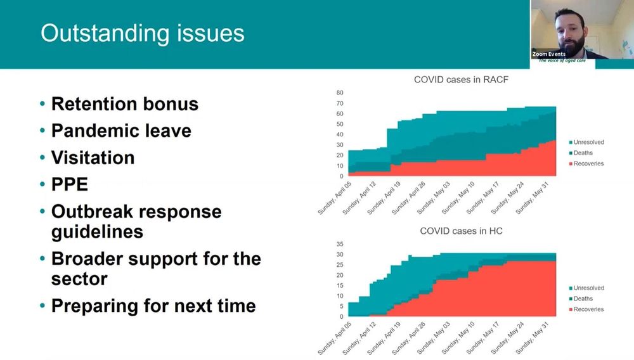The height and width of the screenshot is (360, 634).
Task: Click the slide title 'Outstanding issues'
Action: [x=142, y=33]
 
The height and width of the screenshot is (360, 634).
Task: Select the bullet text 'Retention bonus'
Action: [x=124, y=104]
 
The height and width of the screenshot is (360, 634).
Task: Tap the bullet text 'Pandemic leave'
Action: [x=121, y=131]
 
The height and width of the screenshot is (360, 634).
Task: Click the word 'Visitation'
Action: [x=93, y=157]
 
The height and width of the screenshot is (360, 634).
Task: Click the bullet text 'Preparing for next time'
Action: [x=153, y=305]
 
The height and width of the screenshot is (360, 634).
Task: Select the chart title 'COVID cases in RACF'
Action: [x=461, y=79]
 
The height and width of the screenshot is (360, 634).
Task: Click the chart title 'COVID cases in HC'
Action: [x=461, y=231]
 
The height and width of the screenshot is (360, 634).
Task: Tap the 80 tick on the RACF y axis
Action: [x=340, y=93]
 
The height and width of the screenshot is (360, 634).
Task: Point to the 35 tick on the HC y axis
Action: [x=340, y=244]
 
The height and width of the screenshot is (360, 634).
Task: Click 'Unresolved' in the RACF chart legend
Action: [x=588, y=143]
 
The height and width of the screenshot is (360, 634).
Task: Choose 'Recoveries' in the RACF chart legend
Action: [x=588, y=164]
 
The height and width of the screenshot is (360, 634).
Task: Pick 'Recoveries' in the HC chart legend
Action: [x=588, y=309]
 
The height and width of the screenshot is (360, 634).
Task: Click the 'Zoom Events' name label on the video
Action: [x=549, y=55]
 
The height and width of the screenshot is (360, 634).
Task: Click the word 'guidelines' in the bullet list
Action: [x=97, y=231]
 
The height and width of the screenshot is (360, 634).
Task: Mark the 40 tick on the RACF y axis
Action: [x=340, y=134]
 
